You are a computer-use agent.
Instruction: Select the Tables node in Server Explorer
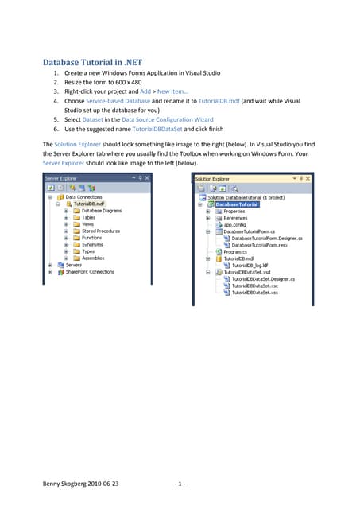point(88,217)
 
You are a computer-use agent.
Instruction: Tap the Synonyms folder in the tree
point(91,244)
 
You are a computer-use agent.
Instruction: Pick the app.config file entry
point(236,224)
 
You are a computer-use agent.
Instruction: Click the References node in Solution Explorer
point(235,218)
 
